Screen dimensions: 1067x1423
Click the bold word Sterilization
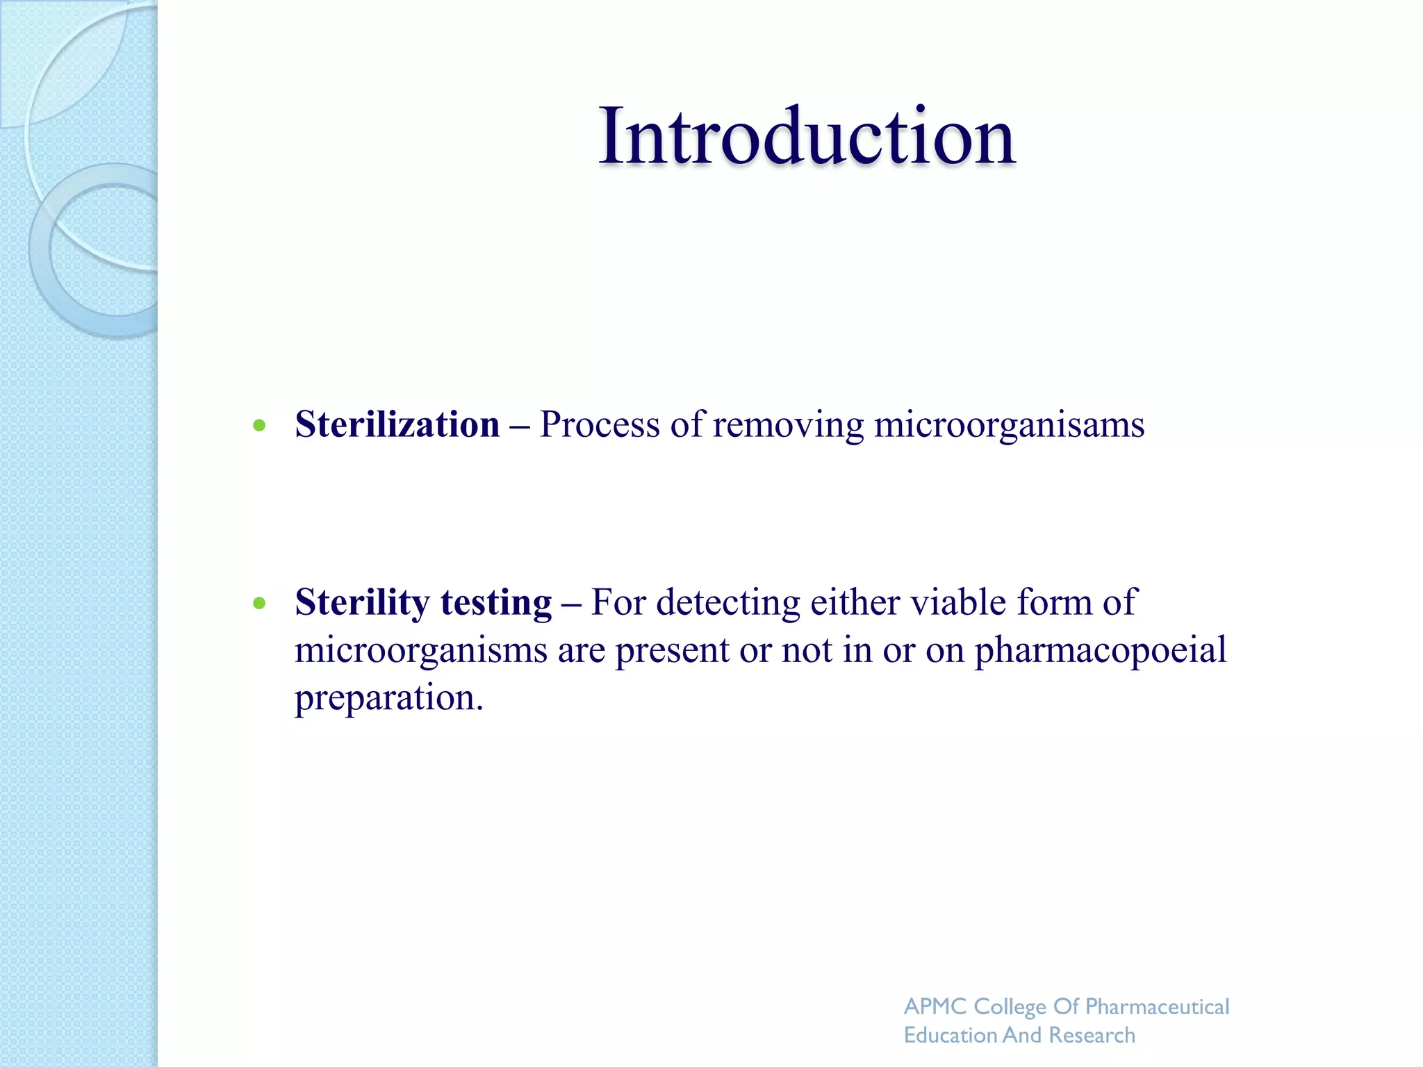pyautogui.click(x=397, y=424)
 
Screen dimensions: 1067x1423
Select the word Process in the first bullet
pyautogui.click(x=599, y=424)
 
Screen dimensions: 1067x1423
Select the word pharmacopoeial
pyautogui.click(x=1100, y=651)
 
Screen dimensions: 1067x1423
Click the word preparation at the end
pyautogui.click(x=388, y=698)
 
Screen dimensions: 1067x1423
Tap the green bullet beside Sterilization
pyautogui.click(x=260, y=425)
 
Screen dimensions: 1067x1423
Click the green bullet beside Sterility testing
pyautogui.click(x=260, y=603)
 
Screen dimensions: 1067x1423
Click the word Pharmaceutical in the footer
pyautogui.click(x=1157, y=1007)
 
